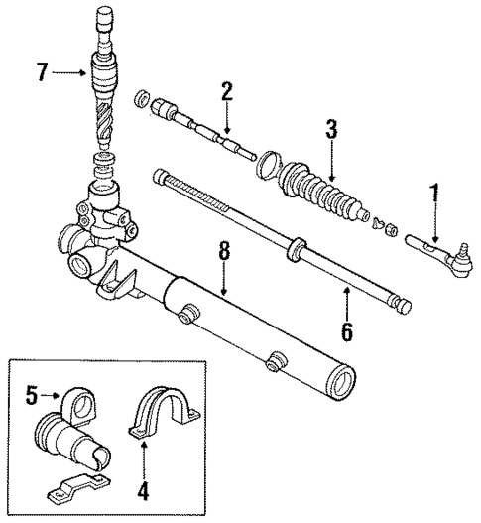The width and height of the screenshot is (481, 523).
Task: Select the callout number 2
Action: click(226, 91)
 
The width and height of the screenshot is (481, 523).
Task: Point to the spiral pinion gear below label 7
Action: click(106, 122)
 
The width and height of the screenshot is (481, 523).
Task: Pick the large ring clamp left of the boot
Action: click(268, 166)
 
